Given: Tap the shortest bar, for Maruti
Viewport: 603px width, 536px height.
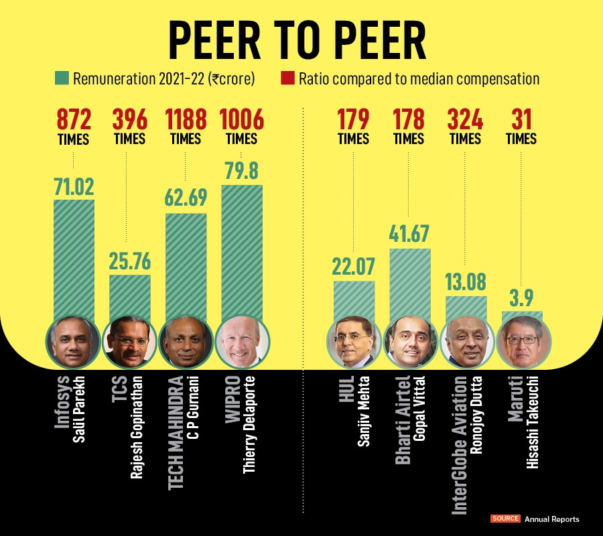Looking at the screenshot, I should pos(522,314).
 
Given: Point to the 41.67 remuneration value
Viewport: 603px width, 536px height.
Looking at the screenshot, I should pos(409,234).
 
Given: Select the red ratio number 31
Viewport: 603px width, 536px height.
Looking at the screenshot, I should pos(521,120).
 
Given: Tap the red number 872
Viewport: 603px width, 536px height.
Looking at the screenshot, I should pos(74,120).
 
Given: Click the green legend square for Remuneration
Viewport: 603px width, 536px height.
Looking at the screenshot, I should pos(61,79).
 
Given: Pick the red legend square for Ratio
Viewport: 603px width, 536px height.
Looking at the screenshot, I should pos(287,79).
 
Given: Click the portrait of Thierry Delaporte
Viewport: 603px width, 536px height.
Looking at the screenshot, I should pos(242,342).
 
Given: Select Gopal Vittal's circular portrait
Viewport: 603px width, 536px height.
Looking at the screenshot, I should pos(409,342).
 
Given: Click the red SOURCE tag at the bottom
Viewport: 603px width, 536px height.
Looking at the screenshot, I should pos(505,519).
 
